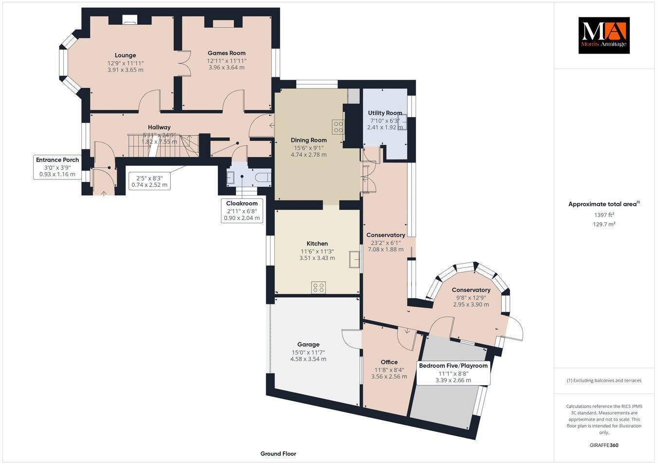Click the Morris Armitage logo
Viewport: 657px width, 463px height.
click(x=603, y=36)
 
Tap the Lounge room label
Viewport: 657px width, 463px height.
click(x=126, y=55)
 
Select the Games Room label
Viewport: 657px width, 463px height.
click(x=226, y=53)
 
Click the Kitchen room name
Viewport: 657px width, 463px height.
click(x=317, y=244)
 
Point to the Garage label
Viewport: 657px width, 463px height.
click(x=308, y=344)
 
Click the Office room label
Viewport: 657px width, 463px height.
click(x=389, y=362)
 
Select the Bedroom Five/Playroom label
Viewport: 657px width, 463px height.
click(x=453, y=366)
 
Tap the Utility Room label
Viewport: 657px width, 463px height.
click(x=385, y=113)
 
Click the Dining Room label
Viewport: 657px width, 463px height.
click(x=309, y=140)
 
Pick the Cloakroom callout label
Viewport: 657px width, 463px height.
click(x=242, y=203)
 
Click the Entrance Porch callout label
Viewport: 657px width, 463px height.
click(x=57, y=160)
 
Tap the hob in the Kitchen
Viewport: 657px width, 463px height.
click(x=318, y=288)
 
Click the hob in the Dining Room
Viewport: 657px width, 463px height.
click(x=338, y=126)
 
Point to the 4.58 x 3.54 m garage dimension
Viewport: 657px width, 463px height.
click(x=308, y=359)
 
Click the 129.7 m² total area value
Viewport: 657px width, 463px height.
click(x=604, y=224)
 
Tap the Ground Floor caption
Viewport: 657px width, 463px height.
click(x=278, y=454)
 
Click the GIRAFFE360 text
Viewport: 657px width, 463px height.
click(x=603, y=445)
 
